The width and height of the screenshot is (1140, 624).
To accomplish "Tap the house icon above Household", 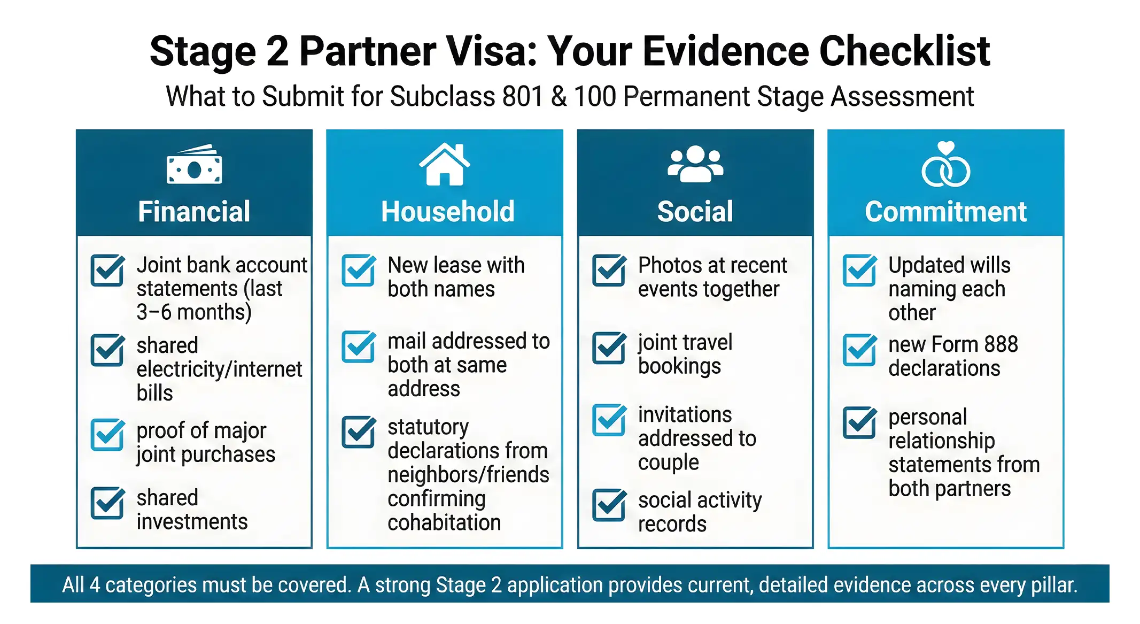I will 444,165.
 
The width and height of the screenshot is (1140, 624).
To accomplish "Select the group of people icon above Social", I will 695,164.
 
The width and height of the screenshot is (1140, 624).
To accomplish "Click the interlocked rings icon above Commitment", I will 945,165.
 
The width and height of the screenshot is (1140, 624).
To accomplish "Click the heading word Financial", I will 194,211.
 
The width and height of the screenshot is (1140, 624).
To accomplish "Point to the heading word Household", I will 448,211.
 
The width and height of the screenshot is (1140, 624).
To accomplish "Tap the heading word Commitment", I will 945,211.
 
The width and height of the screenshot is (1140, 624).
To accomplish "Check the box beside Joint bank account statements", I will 107,271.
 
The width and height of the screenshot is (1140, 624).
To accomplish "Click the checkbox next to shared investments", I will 107,503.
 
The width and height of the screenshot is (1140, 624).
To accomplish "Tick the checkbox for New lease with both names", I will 358,271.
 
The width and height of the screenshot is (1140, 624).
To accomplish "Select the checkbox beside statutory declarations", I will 358,432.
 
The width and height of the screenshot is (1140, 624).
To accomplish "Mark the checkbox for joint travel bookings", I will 609,348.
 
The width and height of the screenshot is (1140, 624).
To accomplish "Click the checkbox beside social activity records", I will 609,505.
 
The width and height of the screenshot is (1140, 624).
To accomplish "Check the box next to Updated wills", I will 859,271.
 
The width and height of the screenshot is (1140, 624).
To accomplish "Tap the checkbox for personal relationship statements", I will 859,422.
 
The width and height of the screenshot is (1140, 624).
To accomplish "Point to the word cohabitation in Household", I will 444,522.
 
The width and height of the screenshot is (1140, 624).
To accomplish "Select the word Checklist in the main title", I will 904,51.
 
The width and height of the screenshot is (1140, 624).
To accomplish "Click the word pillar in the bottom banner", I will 1051,584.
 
